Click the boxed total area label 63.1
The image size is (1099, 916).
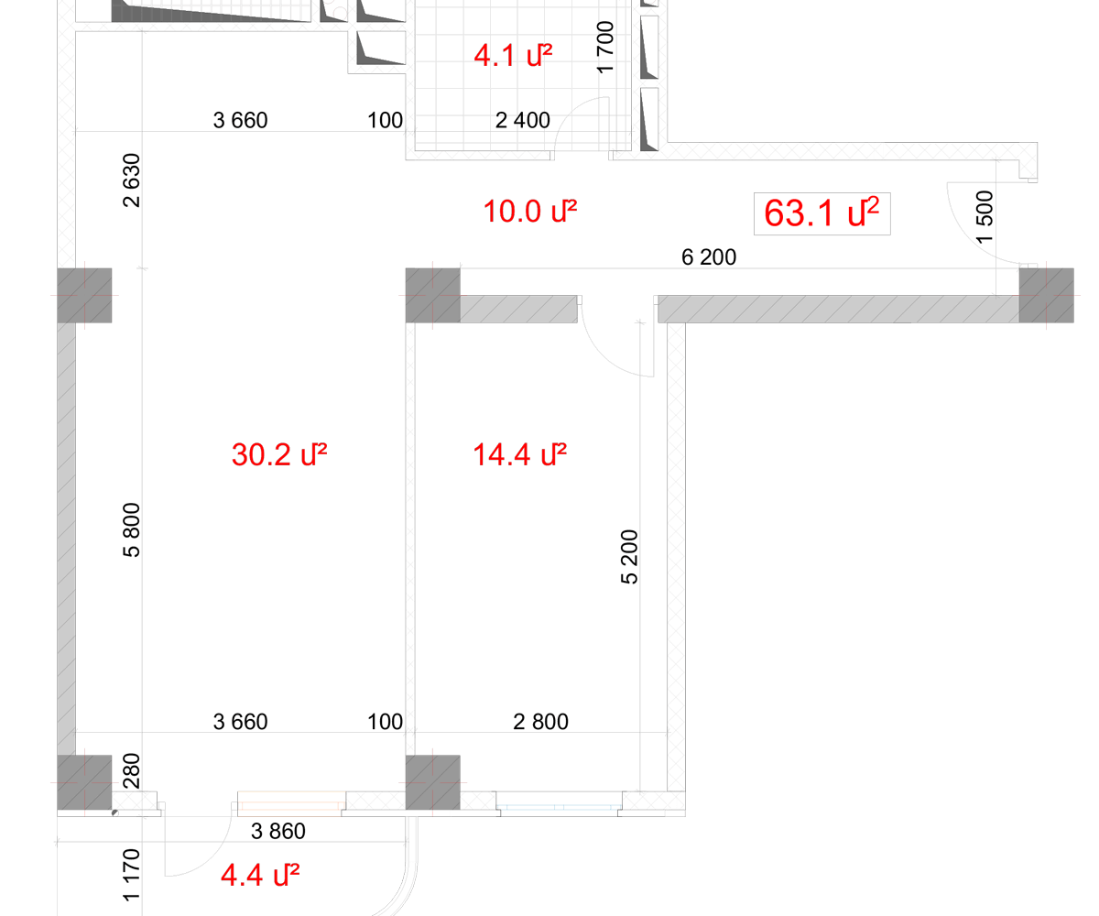point(822,213)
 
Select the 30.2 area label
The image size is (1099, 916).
point(279,454)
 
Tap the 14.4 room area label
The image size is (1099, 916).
point(519,454)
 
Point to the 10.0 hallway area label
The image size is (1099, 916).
point(530,211)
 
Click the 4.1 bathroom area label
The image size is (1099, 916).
point(513,55)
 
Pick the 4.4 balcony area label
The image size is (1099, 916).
point(260,875)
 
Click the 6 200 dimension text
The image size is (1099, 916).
point(709,256)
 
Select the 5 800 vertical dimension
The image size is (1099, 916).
point(132,529)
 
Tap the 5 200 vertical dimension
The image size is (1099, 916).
point(629,556)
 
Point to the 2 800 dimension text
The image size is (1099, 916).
point(540,722)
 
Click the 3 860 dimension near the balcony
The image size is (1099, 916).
point(277,831)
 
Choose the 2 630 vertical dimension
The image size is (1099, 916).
point(132,180)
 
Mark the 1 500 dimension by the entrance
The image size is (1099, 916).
point(985,217)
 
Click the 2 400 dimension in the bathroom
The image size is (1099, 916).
point(523,120)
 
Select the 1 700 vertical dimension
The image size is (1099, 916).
point(605,47)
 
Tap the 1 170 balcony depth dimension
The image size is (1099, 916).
point(132,875)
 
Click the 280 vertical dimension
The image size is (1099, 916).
point(132,770)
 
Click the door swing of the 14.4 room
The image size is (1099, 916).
point(600,354)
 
